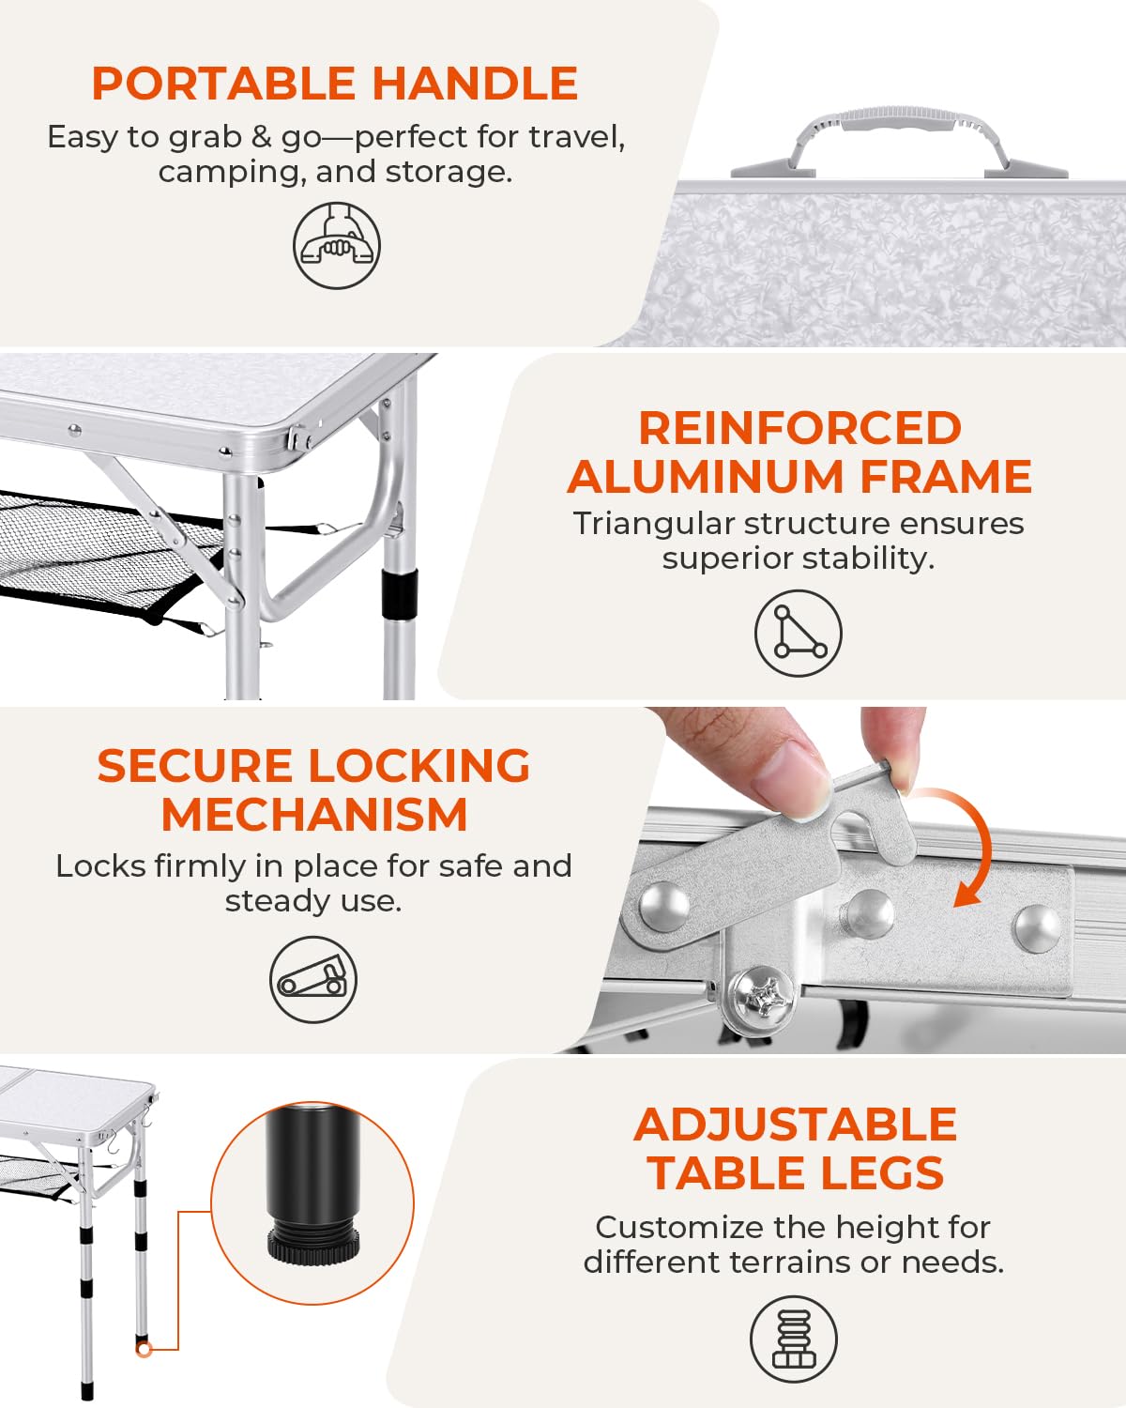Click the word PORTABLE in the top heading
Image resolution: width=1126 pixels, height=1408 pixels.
(x=223, y=84)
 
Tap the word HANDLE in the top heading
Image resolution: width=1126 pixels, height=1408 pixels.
(x=476, y=84)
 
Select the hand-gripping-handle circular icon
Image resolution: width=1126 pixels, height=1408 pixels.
(x=336, y=245)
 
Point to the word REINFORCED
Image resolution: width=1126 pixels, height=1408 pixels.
(x=799, y=429)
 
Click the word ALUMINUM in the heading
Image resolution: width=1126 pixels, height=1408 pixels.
(x=706, y=476)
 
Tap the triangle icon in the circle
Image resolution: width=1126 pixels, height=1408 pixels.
(x=799, y=633)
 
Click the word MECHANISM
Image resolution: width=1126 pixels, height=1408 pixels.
(x=314, y=815)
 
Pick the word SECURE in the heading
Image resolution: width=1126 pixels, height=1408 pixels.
(x=195, y=766)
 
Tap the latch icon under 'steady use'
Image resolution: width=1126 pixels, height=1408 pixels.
(x=313, y=979)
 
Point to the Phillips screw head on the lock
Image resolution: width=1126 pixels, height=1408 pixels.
(x=764, y=997)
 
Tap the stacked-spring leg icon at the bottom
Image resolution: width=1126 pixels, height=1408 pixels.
(x=794, y=1339)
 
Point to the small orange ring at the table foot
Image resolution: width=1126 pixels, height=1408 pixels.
(x=145, y=1349)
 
